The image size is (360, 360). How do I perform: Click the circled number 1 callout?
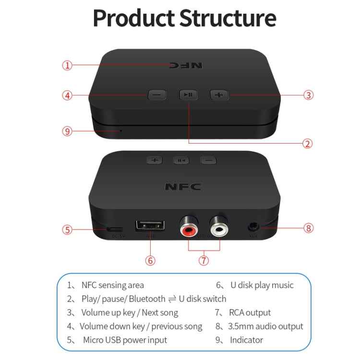tap(68, 66)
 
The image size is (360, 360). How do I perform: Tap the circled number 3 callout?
tap(309, 95)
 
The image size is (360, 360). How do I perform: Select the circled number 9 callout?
tap(68, 131)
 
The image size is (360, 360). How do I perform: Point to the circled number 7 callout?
tap(204, 260)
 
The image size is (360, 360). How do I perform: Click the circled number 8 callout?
tap(309, 228)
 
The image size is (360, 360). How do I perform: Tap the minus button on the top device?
tap(156, 95)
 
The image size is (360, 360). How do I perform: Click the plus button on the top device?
tap(219, 95)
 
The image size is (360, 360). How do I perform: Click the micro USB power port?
tap(115, 229)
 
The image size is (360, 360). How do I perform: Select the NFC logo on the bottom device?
tap(183, 187)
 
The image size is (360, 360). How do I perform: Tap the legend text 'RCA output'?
tap(250, 312)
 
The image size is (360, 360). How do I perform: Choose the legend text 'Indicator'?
tap(247, 340)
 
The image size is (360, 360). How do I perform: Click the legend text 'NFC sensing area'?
tap(112, 285)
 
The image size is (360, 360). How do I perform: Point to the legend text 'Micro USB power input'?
tap(125, 340)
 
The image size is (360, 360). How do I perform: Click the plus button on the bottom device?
tap(155, 160)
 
